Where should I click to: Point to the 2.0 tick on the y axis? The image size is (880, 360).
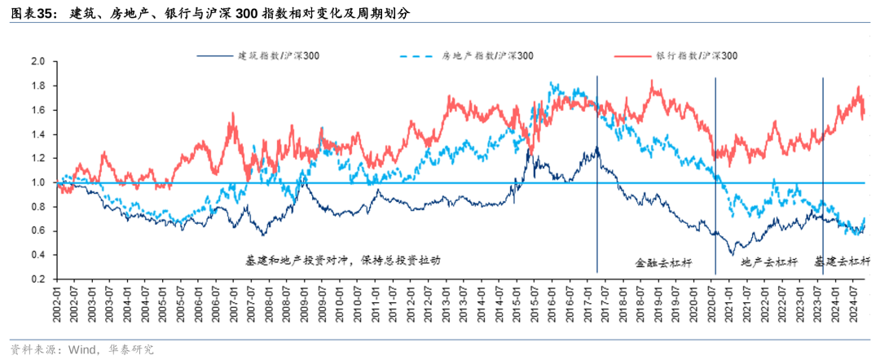37,61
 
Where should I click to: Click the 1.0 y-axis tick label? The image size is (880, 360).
37,182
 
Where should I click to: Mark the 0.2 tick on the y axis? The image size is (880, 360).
37,279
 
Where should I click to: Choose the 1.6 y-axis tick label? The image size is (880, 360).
37,110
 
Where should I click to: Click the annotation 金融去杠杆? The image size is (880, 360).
663,263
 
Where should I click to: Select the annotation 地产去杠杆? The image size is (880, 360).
769,263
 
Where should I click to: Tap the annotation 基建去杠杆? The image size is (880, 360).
843,262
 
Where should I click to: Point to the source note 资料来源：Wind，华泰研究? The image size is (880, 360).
81,349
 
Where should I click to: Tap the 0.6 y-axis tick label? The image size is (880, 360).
37,231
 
